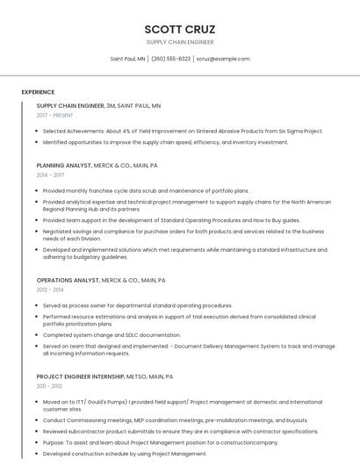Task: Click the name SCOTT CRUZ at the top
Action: click(x=179, y=29)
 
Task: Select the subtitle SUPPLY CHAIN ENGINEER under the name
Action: click(x=179, y=42)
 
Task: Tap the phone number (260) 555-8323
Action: click(x=170, y=59)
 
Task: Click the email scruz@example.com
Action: click(x=223, y=59)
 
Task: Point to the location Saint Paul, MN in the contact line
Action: click(x=127, y=59)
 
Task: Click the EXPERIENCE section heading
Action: click(x=38, y=92)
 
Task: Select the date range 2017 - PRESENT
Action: click(x=54, y=115)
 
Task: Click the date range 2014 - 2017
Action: click(x=50, y=175)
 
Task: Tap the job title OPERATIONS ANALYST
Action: click(x=68, y=280)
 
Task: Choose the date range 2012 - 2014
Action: click(x=50, y=290)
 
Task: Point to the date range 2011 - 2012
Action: click(x=49, y=386)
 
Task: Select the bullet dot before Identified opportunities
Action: click(x=38, y=142)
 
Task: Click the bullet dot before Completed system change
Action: click(x=38, y=334)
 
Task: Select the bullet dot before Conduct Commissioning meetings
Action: click(x=38, y=420)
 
